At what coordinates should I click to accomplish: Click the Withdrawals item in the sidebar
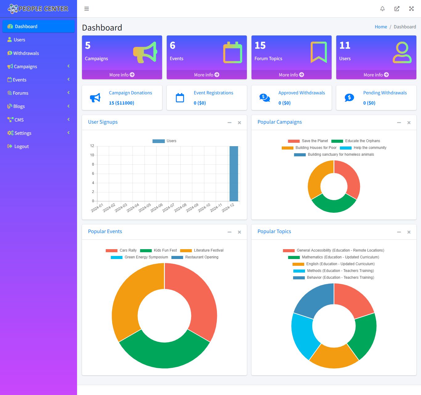pyautogui.click(x=26, y=53)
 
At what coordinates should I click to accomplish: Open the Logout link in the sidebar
pyautogui.click(x=21, y=146)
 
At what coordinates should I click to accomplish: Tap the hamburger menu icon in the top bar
pyautogui.click(x=87, y=9)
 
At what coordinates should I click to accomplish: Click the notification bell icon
pyautogui.click(x=382, y=9)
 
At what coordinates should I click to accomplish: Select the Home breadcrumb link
pyautogui.click(x=381, y=27)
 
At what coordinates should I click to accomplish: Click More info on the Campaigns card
pyautogui.click(x=122, y=75)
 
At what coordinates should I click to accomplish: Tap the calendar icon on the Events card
pyautogui.click(x=233, y=53)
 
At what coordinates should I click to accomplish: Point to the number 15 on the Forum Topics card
pyautogui.click(x=260, y=45)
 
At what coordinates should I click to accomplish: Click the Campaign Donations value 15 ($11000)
pyautogui.click(x=121, y=103)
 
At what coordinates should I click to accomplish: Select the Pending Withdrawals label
pyautogui.click(x=385, y=93)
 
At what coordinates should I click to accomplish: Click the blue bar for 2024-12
pyautogui.click(x=234, y=174)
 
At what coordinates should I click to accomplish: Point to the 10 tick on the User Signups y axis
pyautogui.click(x=92, y=155)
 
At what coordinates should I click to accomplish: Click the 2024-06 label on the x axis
pyautogui.click(x=157, y=208)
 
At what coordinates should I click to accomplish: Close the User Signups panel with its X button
pyautogui.click(x=239, y=123)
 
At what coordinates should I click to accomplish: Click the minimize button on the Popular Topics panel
pyautogui.click(x=399, y=232)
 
